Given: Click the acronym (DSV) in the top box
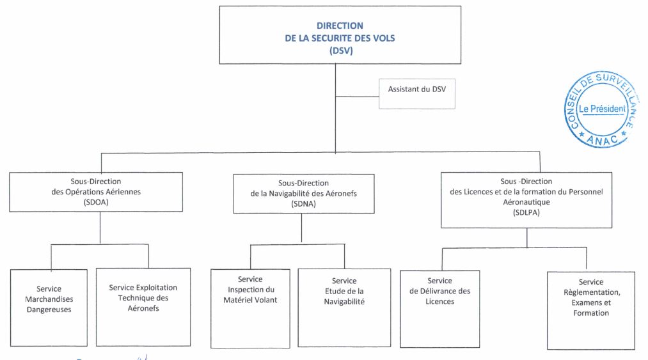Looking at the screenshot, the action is coord(341,51).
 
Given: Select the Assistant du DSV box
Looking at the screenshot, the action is coord(417,94).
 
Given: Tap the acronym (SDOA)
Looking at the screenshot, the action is coord(96,203).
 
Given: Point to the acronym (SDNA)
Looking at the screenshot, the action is coord(303,204).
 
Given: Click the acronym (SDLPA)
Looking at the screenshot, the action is coord(526,213).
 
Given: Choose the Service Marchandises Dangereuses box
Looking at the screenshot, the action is coord(49,308).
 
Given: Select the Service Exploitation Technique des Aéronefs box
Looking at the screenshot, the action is coord(143,307).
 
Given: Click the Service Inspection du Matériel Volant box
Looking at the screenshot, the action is coord(251,309).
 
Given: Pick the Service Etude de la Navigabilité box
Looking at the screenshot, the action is coord(344,308).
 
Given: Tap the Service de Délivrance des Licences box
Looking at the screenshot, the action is coord(439,309).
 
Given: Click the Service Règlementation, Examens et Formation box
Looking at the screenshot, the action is coord(591,311).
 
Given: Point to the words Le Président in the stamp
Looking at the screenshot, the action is coord(602,109).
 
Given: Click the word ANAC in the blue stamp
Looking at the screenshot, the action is coord(602,140).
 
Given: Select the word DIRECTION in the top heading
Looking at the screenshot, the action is coord(340,26).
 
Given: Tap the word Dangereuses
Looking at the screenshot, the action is coord(49,310).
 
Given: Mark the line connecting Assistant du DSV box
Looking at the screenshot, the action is coord(357,97).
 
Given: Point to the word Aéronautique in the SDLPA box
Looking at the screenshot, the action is coord(526,203).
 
